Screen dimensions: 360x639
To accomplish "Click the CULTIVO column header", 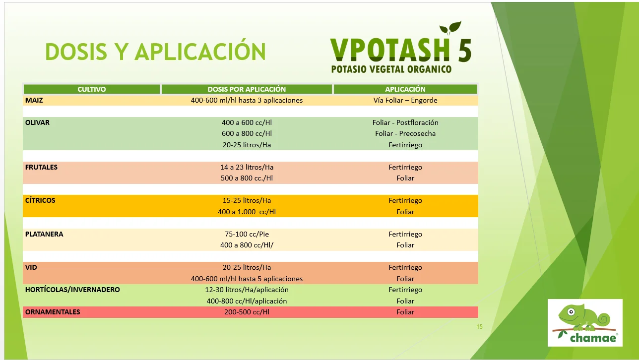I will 92,89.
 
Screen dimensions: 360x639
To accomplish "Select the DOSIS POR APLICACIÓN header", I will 247,89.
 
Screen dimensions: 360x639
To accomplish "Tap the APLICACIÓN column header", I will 405,89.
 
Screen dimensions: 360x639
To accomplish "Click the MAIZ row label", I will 34,100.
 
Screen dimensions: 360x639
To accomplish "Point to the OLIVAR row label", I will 37,122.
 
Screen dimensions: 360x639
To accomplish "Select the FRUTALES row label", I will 41,167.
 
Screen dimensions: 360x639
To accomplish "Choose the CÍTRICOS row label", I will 40,200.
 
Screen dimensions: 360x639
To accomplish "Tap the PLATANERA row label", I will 44,234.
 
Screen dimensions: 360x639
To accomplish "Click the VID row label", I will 31,267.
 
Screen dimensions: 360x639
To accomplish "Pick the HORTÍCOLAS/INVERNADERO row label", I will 72,290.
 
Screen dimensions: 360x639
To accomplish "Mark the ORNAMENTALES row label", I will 53,312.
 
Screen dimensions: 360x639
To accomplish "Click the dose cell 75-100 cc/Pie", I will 247,234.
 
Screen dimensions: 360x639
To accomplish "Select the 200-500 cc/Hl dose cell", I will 247,312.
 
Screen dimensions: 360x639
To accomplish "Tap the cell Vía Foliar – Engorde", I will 405,100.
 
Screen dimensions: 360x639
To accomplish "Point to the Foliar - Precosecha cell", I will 405,133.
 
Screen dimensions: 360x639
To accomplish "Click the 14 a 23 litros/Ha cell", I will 247,167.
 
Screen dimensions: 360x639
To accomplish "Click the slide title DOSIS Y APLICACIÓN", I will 155,52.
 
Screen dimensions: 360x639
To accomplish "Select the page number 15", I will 479,326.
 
